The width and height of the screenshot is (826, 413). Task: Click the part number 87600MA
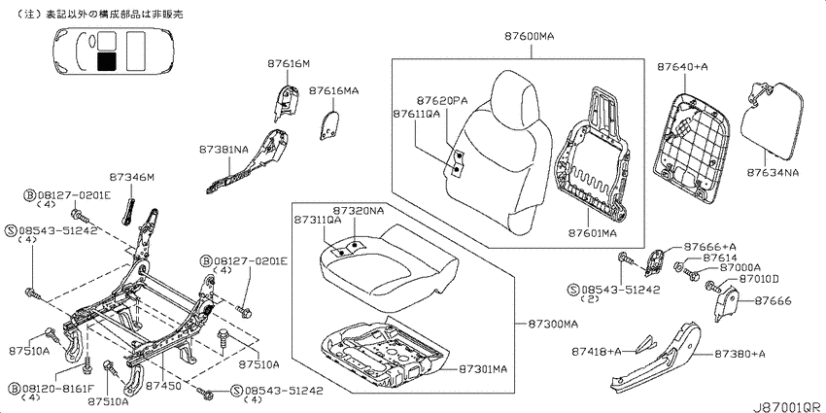[529, 37]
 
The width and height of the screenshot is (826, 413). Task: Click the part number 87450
[164, 386]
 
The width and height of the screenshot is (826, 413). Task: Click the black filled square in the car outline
[107, 61]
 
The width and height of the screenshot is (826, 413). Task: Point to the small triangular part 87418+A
[646, 344]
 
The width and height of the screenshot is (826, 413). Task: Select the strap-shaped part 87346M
[129, 211]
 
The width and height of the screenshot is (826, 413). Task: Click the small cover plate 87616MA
[328, 124]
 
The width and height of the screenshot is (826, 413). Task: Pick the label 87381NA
[224, 150]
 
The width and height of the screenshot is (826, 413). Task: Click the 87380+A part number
[740, 354]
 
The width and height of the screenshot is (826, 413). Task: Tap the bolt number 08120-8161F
[58, 390]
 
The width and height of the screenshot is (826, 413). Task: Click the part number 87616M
[289, 64]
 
